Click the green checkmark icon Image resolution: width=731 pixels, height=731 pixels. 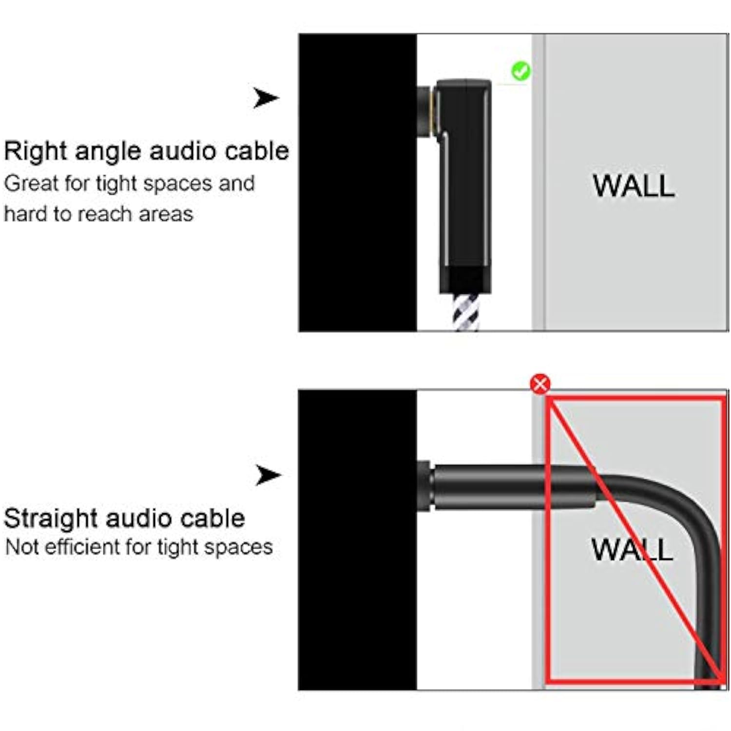(520, 71)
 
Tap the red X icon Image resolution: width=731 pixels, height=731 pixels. (540, 384)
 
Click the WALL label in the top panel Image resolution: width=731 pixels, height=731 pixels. (634, 186)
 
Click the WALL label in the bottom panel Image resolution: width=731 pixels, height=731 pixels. (632, 549)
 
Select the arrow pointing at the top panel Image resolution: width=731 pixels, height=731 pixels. (266, 98)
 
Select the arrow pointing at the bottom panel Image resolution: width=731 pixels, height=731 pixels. (268, 475)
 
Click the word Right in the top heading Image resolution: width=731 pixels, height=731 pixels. (36, 151)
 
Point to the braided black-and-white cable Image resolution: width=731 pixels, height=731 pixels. (466, 312)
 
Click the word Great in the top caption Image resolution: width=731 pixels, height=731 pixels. (31, 184)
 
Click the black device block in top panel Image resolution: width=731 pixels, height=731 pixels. (358, 183)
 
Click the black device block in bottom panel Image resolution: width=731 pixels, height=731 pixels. (358, 539)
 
